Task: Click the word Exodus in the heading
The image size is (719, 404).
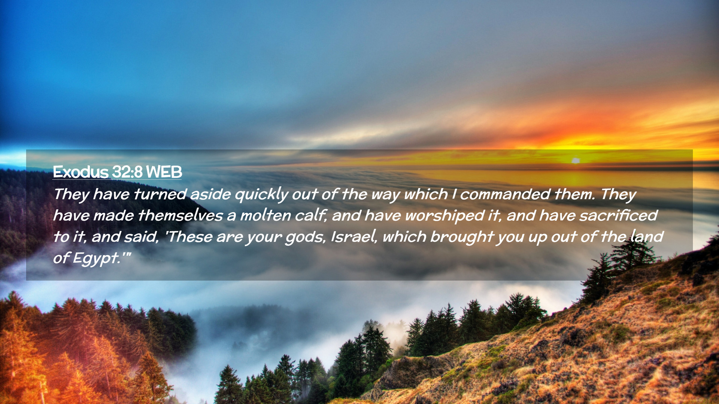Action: click(81, 172)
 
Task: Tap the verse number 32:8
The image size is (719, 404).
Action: click(127, 172)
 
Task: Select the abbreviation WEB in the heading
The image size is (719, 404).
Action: click(164, 172)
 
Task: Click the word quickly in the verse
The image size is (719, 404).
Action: click(261, 195)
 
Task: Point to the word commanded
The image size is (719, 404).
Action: click(505, 194)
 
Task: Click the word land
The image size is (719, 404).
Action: click(647, 236)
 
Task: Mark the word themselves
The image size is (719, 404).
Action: click(180, 215)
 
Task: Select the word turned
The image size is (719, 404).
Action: click(160, 194)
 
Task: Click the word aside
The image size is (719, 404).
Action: click(211, 194)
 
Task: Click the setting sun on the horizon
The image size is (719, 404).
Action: click(576, 160)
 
